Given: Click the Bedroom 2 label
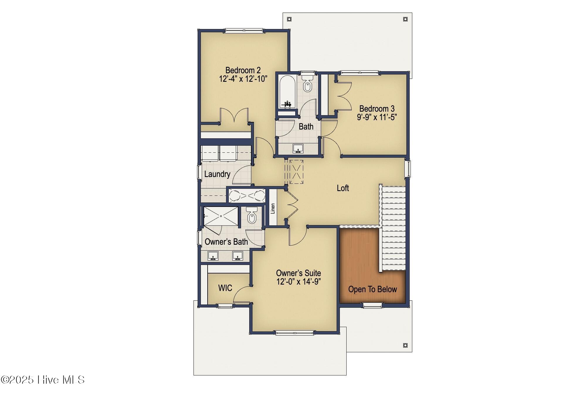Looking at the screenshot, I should pos(243,70).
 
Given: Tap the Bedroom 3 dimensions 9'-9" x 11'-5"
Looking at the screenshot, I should pos(377,117).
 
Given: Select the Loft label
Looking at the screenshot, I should pos(342,188).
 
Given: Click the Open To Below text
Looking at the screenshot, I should pos(372,289).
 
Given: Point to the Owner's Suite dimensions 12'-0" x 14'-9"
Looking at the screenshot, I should pos(299,282).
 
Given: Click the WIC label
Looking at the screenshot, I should pos(225,288).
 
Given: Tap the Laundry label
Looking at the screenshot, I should pos(217,174).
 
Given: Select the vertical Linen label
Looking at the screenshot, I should pos(273,208).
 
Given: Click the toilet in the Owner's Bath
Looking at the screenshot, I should pos(252,216).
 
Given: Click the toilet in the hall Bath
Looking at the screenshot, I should pos(307,84).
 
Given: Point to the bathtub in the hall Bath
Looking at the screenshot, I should pos(287,92).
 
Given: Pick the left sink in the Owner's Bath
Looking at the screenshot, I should pos(213,256).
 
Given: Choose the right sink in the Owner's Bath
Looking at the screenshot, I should pos(238,256).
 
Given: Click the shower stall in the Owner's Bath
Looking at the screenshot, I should pos(221,216).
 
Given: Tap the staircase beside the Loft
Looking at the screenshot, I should pos(394,227).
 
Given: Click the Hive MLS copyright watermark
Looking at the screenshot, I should pos(43,380).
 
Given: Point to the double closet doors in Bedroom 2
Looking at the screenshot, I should pos(234,116).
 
